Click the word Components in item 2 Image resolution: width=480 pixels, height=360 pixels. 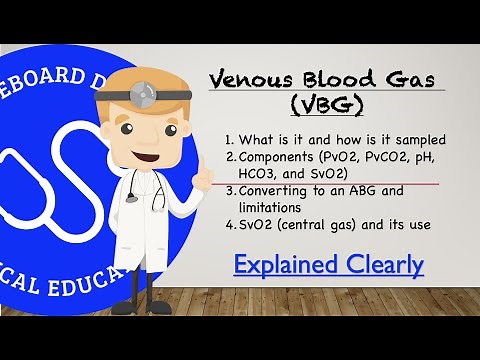[278, 158]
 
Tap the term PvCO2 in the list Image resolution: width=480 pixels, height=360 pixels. [378, 158]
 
